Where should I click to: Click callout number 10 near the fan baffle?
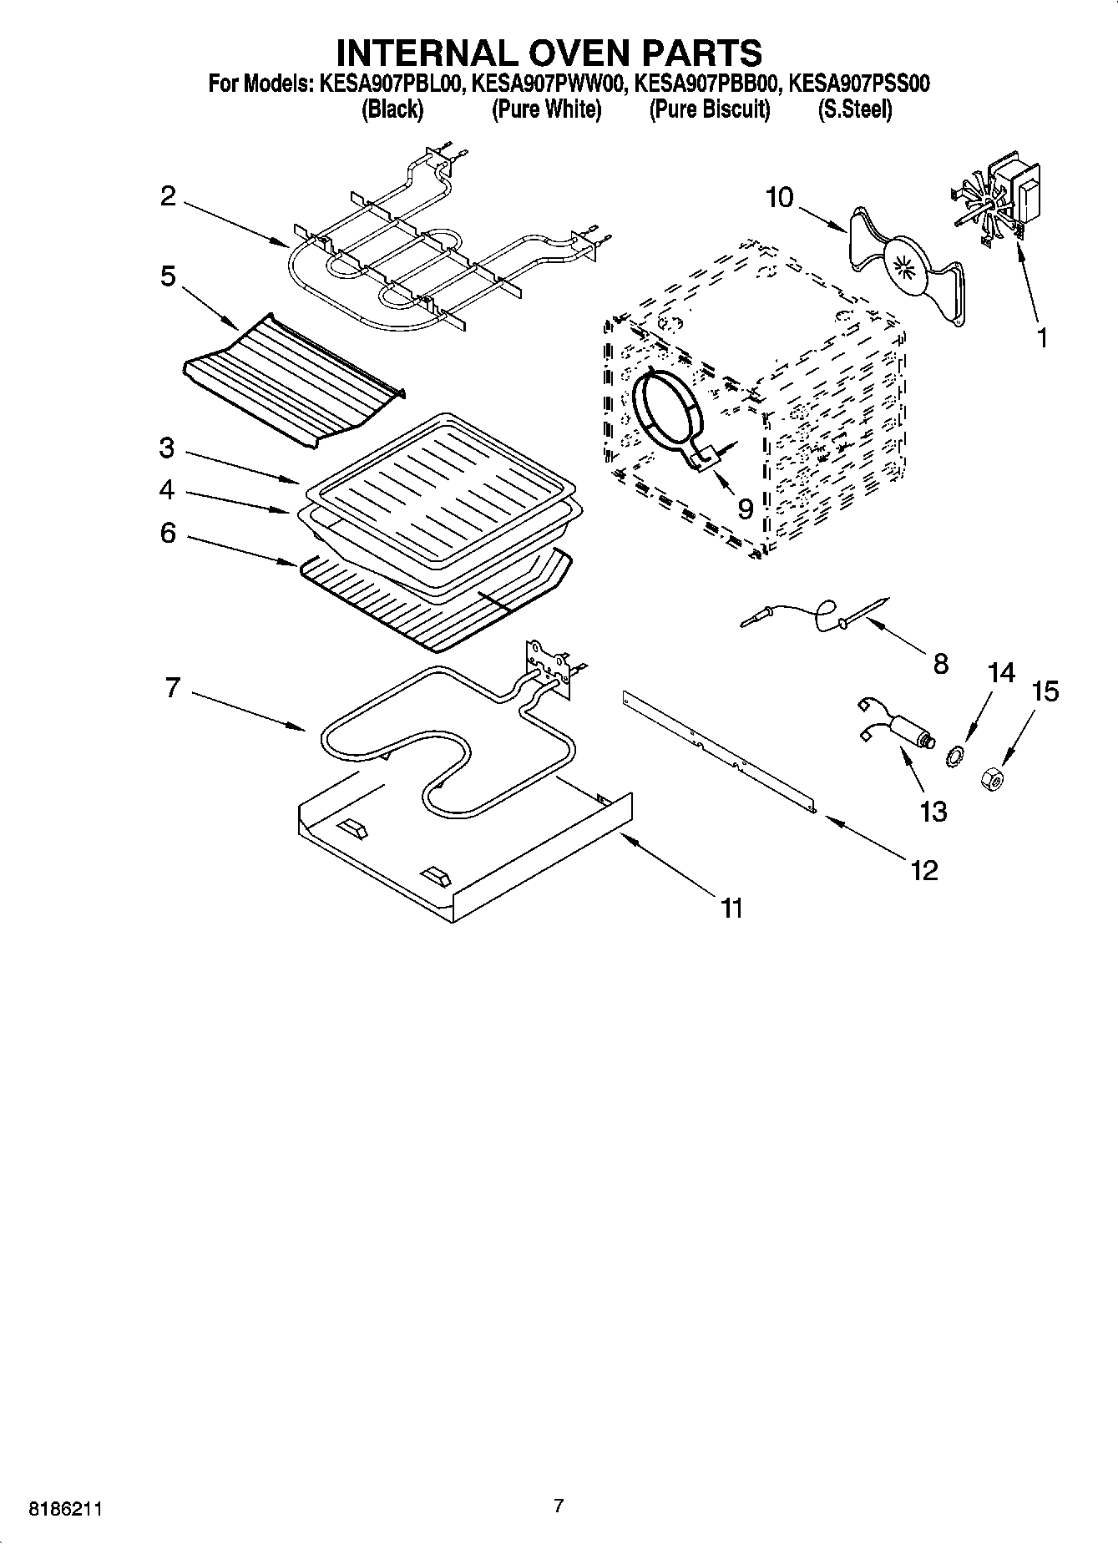tap(779, 198)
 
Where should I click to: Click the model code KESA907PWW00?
tap(549, 84)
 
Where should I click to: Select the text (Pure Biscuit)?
tap(709, 109)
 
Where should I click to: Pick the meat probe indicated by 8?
tap(814, 615)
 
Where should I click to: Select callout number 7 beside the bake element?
tap(172, 688)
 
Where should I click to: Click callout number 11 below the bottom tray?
tap(731, 907)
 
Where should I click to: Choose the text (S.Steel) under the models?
tap(854, 109)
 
